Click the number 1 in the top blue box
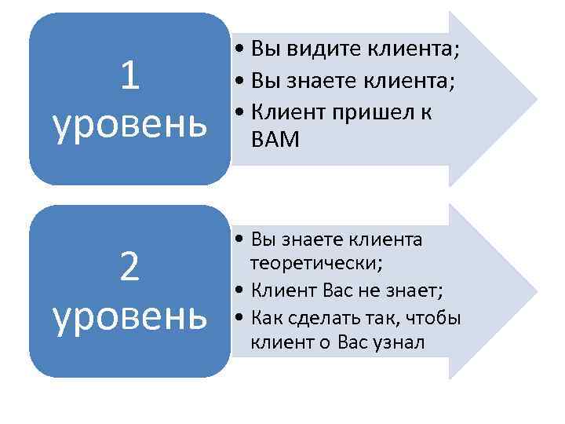point(130,76)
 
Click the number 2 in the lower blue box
point(130,269)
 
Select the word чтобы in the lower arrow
point(433,318)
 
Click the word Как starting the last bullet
point(266,318)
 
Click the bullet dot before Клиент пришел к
point(239,113)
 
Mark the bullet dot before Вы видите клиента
point(239,50)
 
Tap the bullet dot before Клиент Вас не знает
point(239,292)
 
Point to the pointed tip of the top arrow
point(537,99)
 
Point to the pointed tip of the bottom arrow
point(537,291)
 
